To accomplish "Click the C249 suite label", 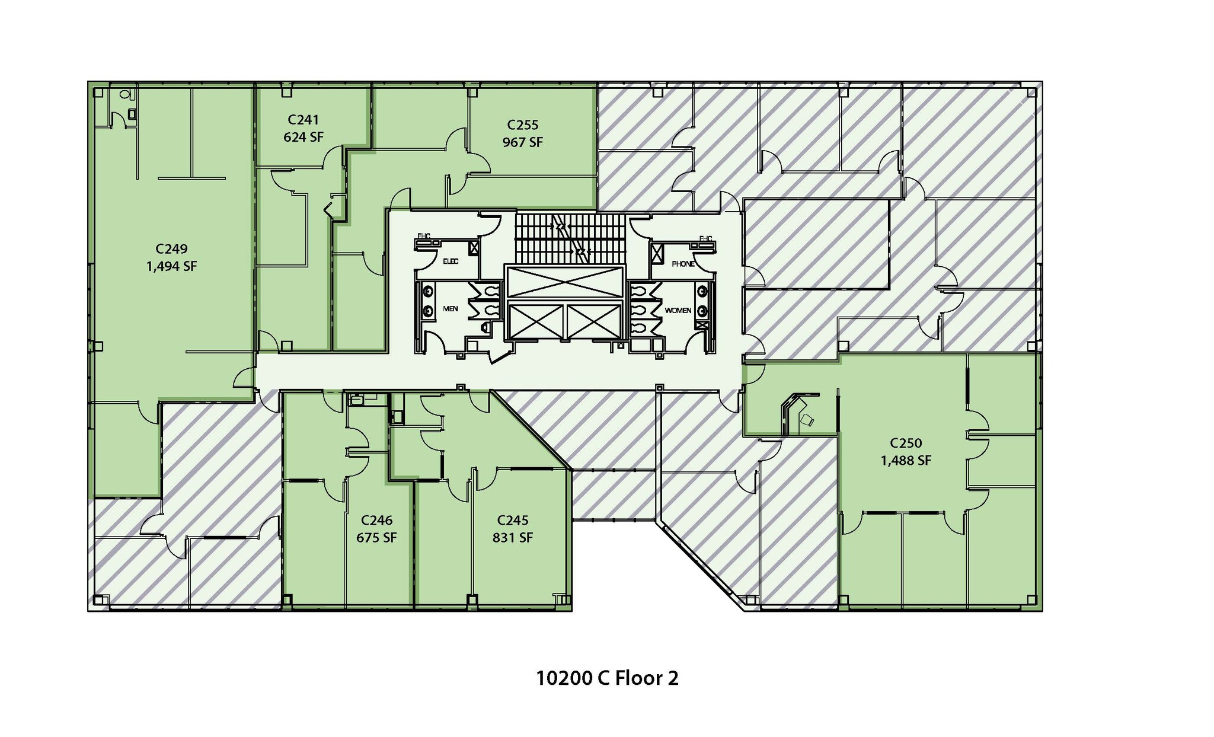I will [x=171, y=248].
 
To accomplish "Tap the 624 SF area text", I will [x=303, y=137].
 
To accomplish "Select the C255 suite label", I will [x=522, y=125].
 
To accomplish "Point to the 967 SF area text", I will [x=522, y=142].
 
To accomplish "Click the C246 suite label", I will [x=376, y=520].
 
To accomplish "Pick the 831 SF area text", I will [x=512, y=538].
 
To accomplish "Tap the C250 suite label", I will [x=906, y=443].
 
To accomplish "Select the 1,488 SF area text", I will [x=906, y=461].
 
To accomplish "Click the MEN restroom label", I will [x=451, y=309].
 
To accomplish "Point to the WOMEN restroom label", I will [x=678, y=310].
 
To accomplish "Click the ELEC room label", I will [x=451, y=261].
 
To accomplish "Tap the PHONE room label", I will [x=683, y=264].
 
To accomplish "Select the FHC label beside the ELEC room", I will [x=424, y=236].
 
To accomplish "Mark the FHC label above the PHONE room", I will [x=705, y=238].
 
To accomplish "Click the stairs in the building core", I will [x=569, y=238].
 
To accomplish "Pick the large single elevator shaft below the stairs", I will [x=564, y=282].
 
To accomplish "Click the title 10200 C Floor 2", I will [x=606, y=678].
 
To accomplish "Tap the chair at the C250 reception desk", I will [x=807, y=420].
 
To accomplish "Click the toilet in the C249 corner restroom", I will [x=124, y=94].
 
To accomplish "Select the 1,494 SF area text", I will [x=171, y=266].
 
